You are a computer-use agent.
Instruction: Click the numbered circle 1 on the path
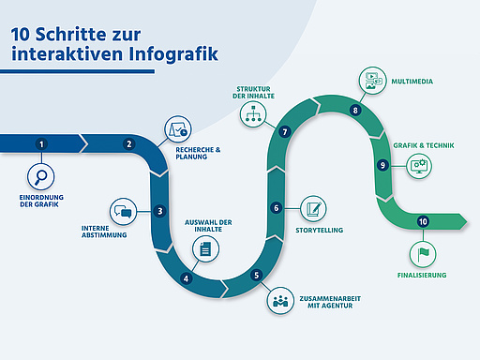click(x=41, y=144)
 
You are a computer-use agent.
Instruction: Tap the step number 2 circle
click(x=129, y=144)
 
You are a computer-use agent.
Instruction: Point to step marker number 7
click(x=284, y=132)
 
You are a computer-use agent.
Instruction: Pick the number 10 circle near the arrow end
click(x=424, y=221)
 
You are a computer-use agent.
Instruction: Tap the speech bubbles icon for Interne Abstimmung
click(x=123, y=211)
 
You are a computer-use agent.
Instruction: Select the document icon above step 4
click(x=204, y=248)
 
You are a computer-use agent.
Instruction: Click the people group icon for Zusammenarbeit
click(x=279, y=300)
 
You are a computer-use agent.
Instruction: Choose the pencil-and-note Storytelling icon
click(x=314, y=207)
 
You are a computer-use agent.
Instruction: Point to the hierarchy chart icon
click(x=251, y=113)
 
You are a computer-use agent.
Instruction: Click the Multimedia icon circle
click(x=372, y=81)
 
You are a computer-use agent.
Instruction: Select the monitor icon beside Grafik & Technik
click(x=418, y=165)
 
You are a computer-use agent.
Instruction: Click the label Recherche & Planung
click(x=198, y=152)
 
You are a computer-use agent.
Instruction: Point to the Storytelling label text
click(x=320, y=230)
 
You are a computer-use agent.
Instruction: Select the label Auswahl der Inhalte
click(x=205, y=224)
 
